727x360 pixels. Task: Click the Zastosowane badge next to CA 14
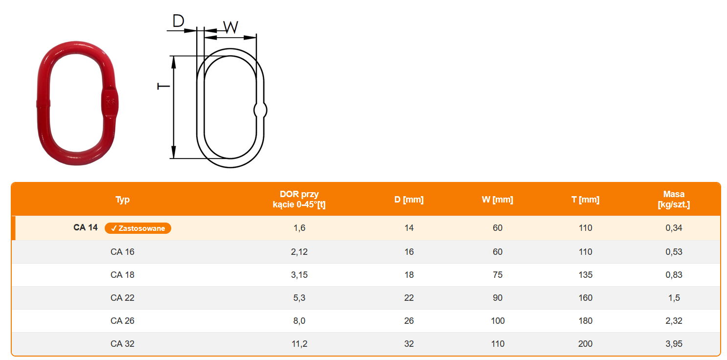point(138,228)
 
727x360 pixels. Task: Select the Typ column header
point(122,199)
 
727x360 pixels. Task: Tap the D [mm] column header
point(409,199)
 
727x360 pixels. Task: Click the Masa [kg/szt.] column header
point(674,199)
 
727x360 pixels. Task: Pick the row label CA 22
point(122,298)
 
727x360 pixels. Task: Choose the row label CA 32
point(122,344)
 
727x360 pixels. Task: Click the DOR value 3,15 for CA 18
point(299,275)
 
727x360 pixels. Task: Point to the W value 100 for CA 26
point(498,321)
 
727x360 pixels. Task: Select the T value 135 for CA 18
point(586,275)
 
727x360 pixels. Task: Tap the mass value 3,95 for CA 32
point(674,344)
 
